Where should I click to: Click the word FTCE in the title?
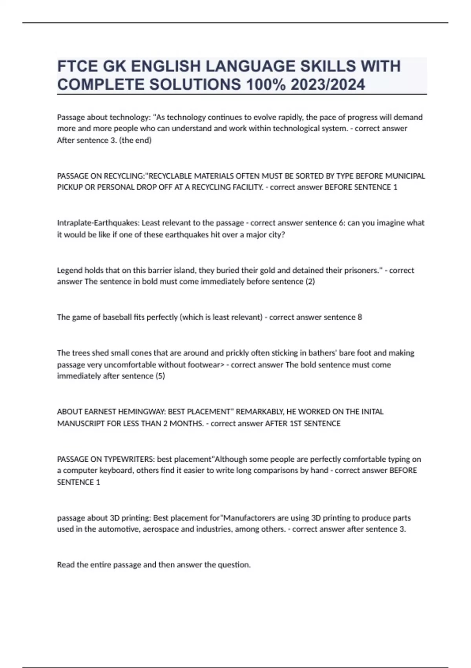point(77,66)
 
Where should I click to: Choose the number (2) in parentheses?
point(310,282)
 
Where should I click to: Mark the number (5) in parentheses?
point(160,376)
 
